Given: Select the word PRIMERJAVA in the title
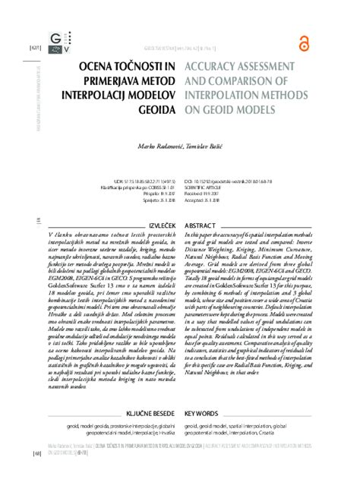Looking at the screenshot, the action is [x=101, y=84].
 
